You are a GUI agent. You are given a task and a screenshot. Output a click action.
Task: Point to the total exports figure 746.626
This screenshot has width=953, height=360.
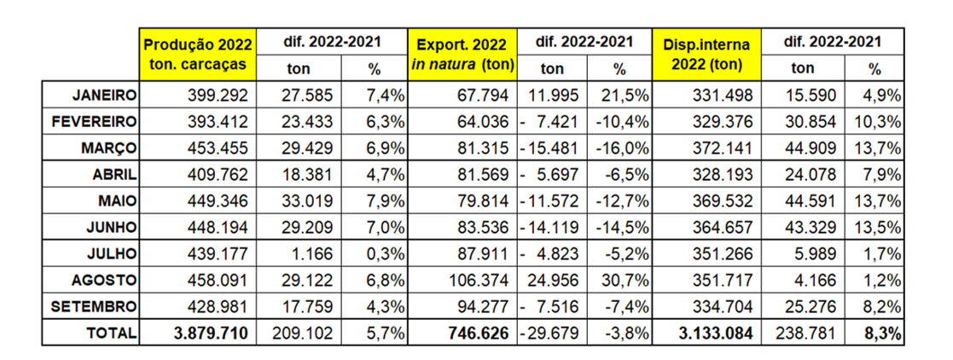tap(473, 334)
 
